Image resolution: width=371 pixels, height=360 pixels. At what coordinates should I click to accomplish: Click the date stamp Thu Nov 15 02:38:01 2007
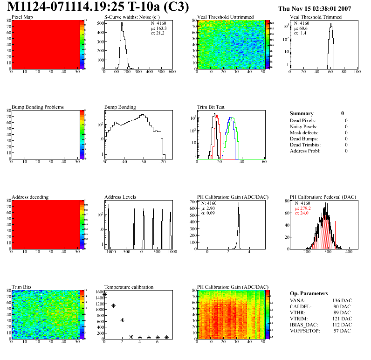pos(321,8)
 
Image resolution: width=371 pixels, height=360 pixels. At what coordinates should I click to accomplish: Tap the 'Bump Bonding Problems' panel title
pos(38,107)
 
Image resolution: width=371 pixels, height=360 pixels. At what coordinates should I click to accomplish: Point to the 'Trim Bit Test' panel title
pos(211,107)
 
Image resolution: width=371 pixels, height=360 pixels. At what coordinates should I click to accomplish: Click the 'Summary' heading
pos(302,113)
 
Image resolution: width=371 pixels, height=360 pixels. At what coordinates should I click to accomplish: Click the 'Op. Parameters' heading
pos(309,293)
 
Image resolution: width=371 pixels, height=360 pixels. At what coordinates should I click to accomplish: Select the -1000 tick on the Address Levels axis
pos(110,252)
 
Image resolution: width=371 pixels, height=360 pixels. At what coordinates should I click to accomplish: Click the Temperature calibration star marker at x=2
pos(122,320)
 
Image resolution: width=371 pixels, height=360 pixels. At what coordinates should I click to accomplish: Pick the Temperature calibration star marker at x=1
pos(113,306)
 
